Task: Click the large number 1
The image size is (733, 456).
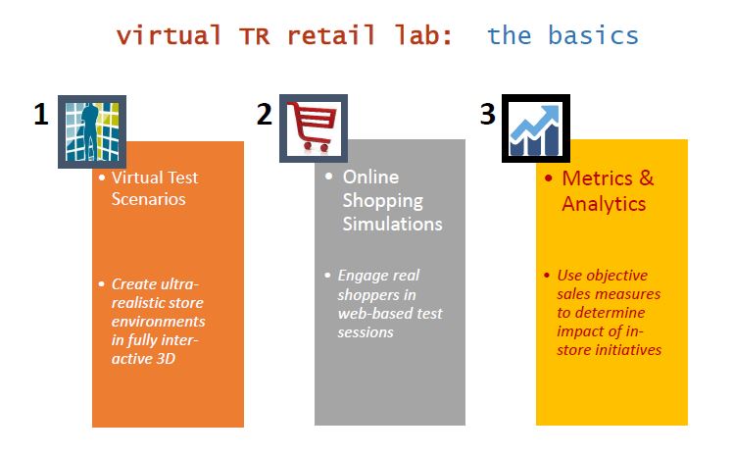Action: (x=40, y=115)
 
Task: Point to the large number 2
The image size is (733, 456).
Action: (x=264, y=115)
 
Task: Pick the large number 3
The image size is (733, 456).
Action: (x=487, y=115)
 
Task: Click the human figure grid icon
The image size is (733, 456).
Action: (x=91, y=129)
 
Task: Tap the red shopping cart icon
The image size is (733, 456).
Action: (x=314, y=128)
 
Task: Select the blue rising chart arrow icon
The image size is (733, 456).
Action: (x=536, y=128)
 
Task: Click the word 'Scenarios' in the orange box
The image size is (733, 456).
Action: (x=148, y=198)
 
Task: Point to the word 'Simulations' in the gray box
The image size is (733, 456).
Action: (x=392, y=224)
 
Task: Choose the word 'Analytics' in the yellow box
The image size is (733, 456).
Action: (x=604, y=204)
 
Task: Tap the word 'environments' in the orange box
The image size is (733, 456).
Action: (x=158, y=321)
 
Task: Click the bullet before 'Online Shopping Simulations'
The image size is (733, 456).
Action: (x=329, y=177)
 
